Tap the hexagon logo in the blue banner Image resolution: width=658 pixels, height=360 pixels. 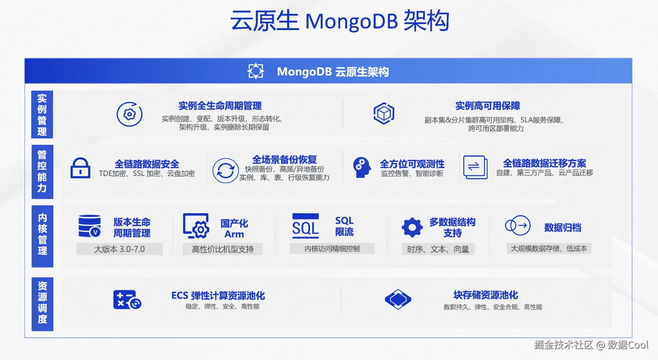click(x=256, y=71)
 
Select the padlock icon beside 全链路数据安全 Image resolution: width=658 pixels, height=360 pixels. click(x=80, y=168)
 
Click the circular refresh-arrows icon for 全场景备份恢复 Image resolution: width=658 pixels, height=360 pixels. click(x=225, y=171)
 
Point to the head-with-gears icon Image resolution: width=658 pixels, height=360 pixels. click(x=361, y=167)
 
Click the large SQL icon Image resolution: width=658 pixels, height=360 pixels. click(x=305, y=226)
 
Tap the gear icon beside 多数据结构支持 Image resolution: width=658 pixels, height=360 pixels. click(x=412, y=227)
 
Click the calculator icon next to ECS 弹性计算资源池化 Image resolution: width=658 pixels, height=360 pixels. click(x=127, y=299)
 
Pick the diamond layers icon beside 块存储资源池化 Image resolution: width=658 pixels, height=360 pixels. click(x=398, y=299)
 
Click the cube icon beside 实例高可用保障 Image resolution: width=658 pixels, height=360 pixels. click(x=384, y=114)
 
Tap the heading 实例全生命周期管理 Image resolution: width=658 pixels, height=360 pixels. click(x=220, y=106)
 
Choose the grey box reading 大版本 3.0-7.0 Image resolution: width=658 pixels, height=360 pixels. click(x=119, y=249)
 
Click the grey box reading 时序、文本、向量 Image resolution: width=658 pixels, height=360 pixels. click(x=438, y=249)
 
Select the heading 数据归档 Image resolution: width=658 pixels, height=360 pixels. click(x=562, y=227)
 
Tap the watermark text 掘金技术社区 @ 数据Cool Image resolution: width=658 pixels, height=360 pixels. click(x=591, y=345)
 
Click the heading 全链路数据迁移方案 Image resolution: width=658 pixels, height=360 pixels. click(x=544, y=163)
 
